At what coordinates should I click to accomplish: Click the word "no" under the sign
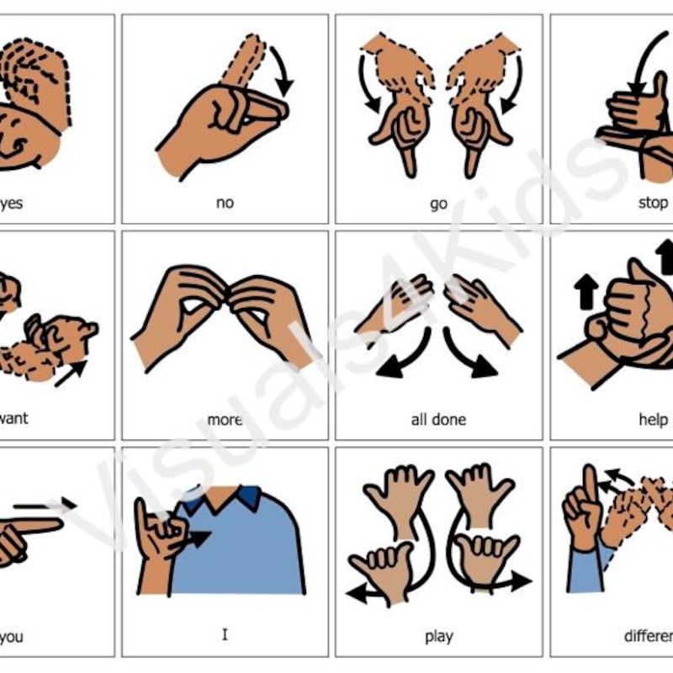click(225, 203)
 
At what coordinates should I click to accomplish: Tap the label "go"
click(438, 204)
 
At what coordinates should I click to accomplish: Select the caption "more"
click(224, 419)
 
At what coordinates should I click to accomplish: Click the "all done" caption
click(438, 419)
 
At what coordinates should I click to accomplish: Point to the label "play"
click(438, 636)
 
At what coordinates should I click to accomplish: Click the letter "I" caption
click(225, 634)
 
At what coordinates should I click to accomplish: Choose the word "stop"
click(653, 203)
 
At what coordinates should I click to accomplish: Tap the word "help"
click(653, 419)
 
